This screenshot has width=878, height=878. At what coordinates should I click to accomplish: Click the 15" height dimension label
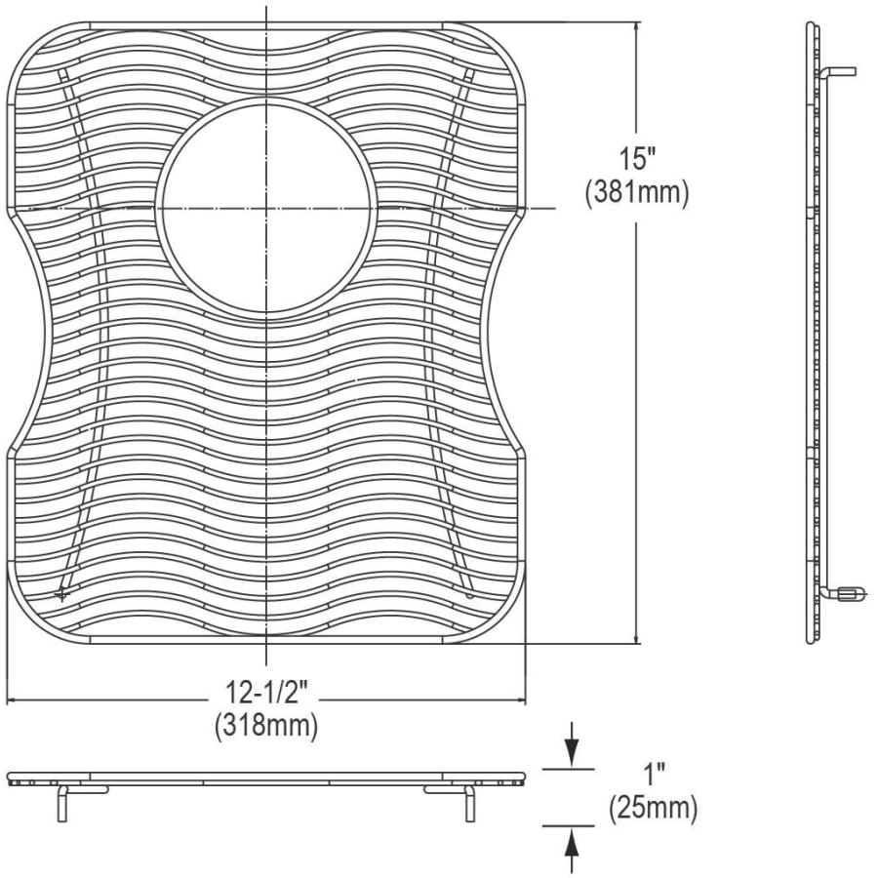pos(637,158)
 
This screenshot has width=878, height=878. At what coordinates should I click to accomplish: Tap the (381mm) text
pos(637,194)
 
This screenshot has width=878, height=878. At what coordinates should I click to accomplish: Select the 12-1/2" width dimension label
pos(267,693)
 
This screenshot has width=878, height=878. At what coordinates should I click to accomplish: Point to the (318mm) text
pos(266,726)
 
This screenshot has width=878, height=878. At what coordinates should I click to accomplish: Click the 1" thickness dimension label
pos(653,777)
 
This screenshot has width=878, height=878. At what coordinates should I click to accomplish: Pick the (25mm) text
pos(654,809)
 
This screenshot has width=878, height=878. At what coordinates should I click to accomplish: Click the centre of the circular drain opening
pos(266,209)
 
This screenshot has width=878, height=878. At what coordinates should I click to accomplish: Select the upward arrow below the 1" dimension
pos(571,850)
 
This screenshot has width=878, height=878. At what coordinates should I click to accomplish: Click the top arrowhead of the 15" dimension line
pos(636,29)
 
